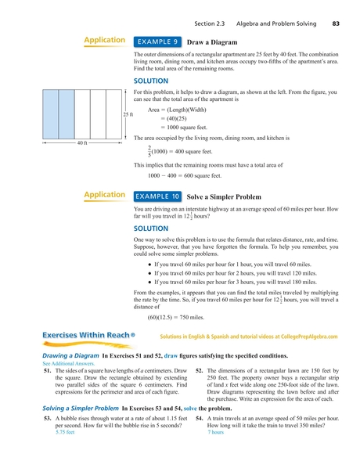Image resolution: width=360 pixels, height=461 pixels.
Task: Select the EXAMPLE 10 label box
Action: pos(160,196)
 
